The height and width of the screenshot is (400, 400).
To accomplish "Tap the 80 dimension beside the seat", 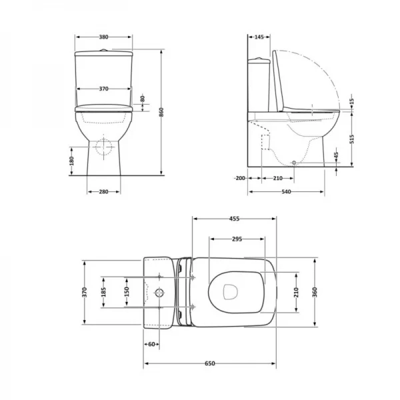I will pyautogui.click(x=143, y=99).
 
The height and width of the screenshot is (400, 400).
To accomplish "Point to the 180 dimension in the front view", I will pyautogui.click(x=71, y=161).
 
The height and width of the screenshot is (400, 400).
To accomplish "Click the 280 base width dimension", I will pyautogui.click(x=104, y=192).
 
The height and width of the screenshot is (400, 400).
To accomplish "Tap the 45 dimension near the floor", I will pyautogui.click(x=337, y=156).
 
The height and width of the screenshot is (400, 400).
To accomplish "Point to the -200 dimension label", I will pyautogui.click(x=241, y=179).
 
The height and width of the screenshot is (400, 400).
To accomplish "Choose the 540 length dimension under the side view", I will pyautogui.click(x=287, y=192).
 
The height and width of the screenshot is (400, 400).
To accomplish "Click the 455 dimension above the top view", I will pyautogui.click(x=234, y=218).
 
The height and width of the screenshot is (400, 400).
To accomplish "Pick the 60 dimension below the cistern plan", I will pyautogui.click(x=152, y=344).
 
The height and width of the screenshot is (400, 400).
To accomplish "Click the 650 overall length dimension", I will pyautogui.click(x=210, y=363).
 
